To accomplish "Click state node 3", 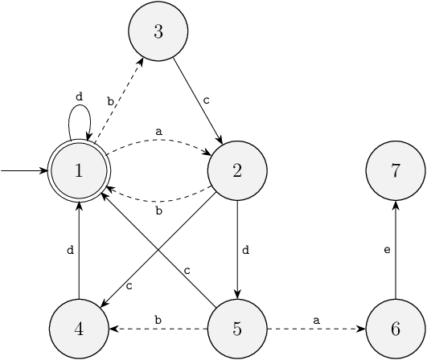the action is (x=158, y=31).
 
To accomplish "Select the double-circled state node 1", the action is (x=79, y=171).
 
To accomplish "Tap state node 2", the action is (x=237, y=171).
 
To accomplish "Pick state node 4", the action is (x=79, y=329).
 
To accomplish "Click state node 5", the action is (x=237, y=329).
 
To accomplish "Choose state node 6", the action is (x=396, y=329).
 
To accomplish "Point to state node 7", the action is (x=396, y=171).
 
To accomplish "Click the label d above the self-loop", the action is (x=79, y=96).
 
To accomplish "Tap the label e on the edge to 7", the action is (x=387, y=250).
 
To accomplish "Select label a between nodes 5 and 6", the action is (x=316, y=321).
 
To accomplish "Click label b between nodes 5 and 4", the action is (x=158, y=320).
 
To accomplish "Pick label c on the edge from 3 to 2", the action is (x=207, y=100).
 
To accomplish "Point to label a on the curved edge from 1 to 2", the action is (x=158, y=132).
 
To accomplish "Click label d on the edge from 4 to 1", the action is (x=70, y=250).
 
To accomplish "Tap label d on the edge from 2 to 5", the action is (x=245, y=250).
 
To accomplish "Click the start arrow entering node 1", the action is (x=24, y=171).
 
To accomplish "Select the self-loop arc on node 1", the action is (x=80, y=105).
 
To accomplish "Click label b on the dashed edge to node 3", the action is (x=110, y=101).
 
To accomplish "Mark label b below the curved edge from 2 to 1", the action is (x=158, y=211).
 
